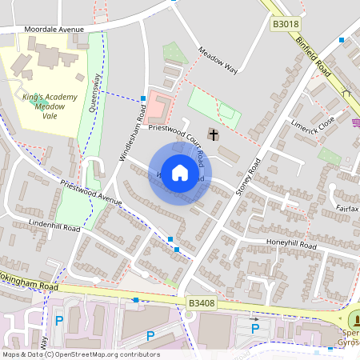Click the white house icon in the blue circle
180,174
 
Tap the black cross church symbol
213,133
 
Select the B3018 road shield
284,25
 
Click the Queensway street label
95,93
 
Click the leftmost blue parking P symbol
58,321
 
